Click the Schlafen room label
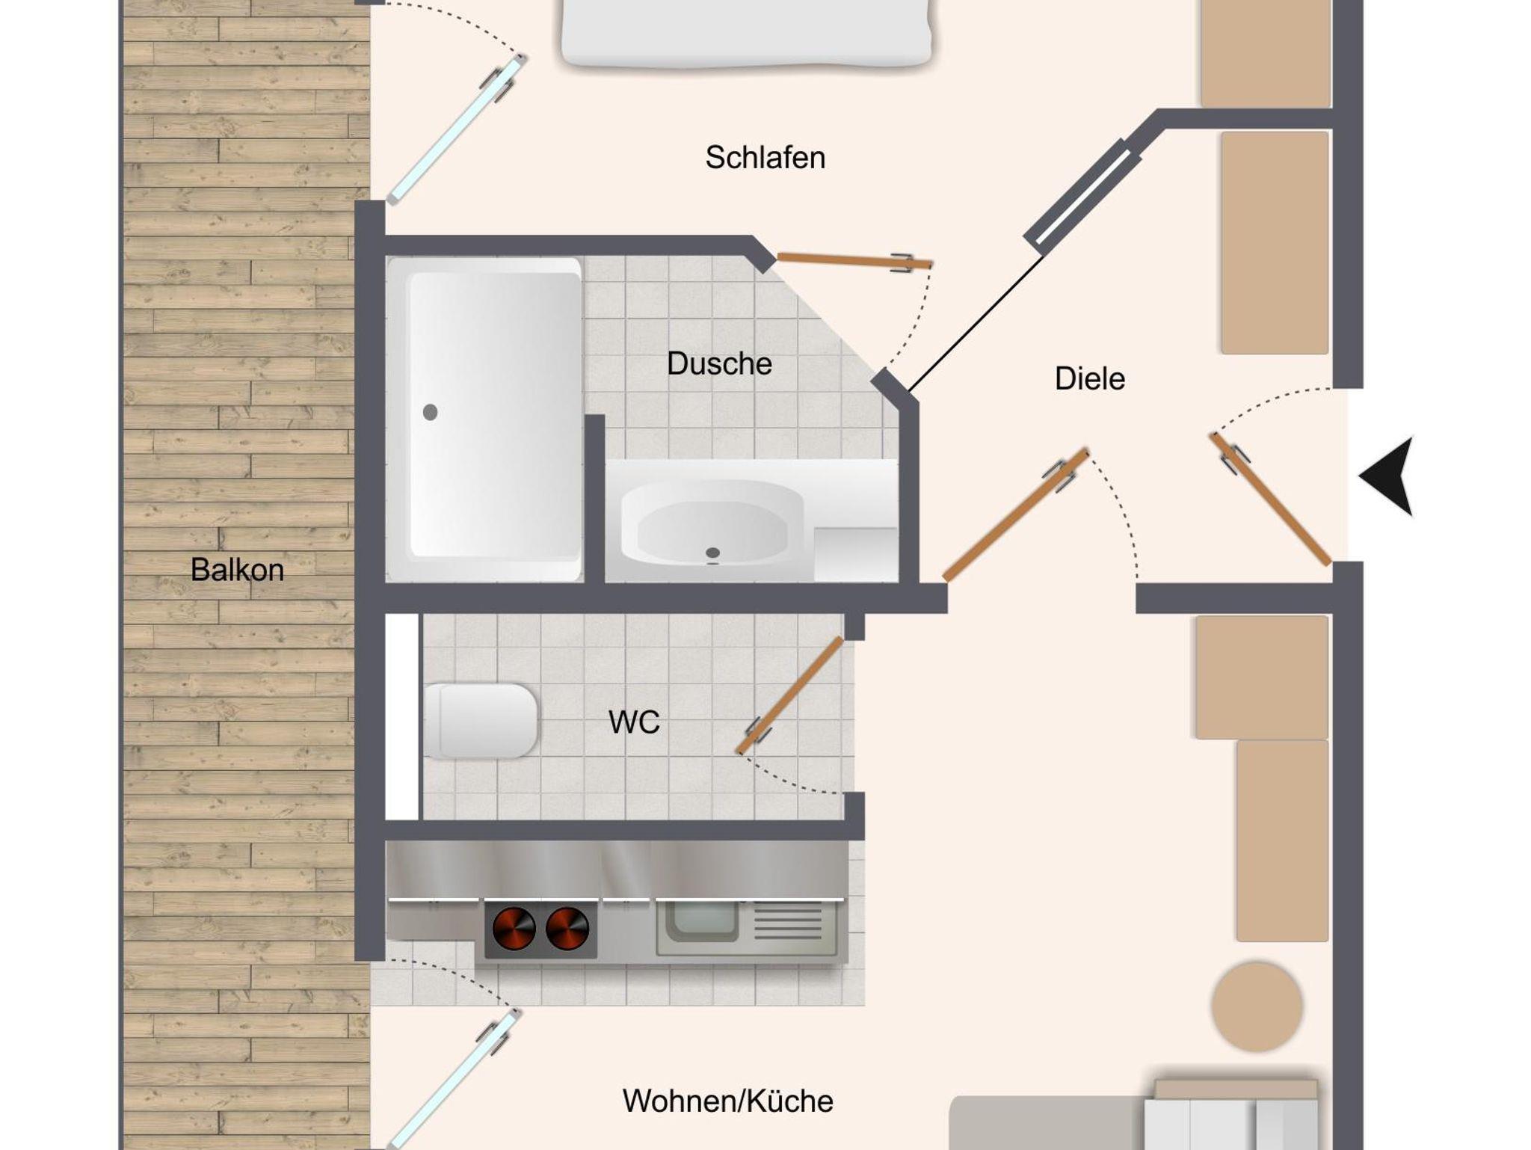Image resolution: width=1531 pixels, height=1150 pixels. (x=765, y=158)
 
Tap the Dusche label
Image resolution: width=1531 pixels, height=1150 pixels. (x=719, y=364)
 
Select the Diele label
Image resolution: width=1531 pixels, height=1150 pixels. (x=1089, y=379)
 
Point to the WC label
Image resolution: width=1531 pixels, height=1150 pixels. (x=634, y=722)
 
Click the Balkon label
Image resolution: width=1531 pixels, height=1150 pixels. (x=237, y=570)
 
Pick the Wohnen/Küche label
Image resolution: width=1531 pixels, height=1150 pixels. (x=727, y=1101)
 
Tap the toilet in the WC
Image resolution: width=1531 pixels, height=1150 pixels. (x=481, y=721)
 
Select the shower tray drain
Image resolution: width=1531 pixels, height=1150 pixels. (x=430, y=412)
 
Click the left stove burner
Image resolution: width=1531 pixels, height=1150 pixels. (x=514, y=929)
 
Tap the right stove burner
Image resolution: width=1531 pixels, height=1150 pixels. (x=567, y=929)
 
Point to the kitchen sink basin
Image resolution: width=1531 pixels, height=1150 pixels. (x=701, y=921)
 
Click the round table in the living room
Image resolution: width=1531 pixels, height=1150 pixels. (x=1257, y=1006)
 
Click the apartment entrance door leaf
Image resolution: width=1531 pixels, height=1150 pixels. (x=1270, y=499)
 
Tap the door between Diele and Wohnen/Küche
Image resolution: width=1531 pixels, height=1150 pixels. (x=1015, y=515)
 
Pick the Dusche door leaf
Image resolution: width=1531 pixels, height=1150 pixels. (x=854, y=261)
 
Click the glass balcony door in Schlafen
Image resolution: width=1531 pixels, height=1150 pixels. (x=457, y=129)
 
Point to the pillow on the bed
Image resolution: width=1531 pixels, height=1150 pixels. (x=747, y=34)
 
